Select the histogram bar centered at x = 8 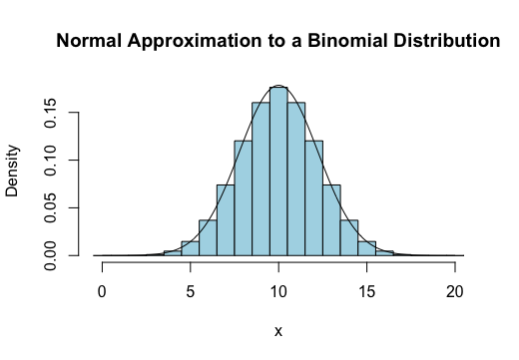pos(243,198)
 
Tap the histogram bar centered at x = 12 pos(313,198)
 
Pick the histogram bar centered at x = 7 pos(226,220)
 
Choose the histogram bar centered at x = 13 pos(331,220)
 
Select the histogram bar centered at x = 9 pos(260,180)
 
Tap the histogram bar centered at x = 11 pos(296,180)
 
